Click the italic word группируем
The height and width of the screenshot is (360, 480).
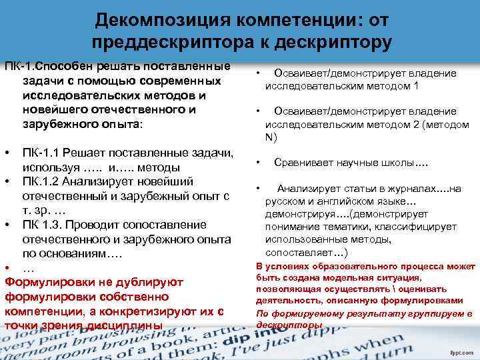coord(405,313)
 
